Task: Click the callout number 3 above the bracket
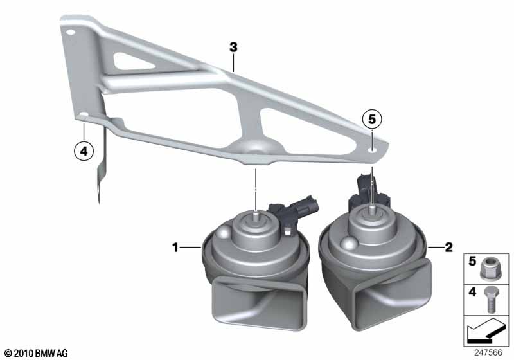[233, 47]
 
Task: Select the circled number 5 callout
[372, 119]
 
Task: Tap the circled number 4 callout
[84, 151]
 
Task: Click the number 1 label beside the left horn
[175, 248]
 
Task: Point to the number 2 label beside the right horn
[448, 248]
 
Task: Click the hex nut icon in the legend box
[488, 269]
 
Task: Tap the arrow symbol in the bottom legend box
[486, 330]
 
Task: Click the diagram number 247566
[488, 352]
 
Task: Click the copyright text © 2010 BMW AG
[36, 353]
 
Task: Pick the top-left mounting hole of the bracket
[71, 32]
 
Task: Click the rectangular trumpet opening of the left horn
[261, 301]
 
